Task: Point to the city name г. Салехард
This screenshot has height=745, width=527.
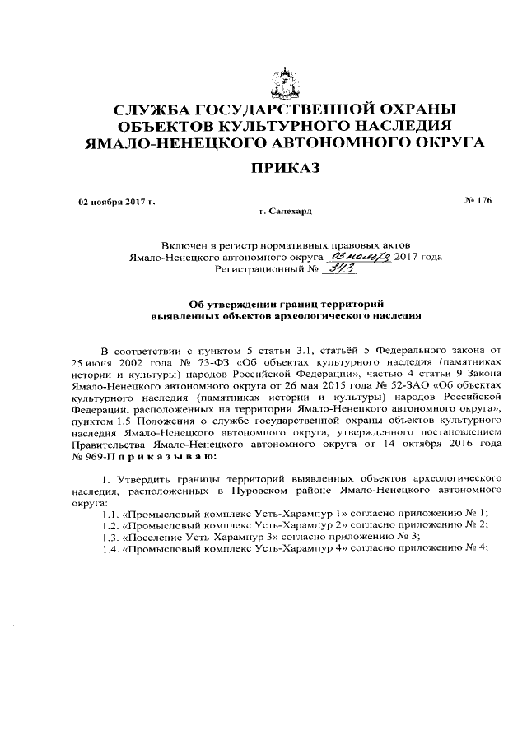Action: [x=285, y=212]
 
